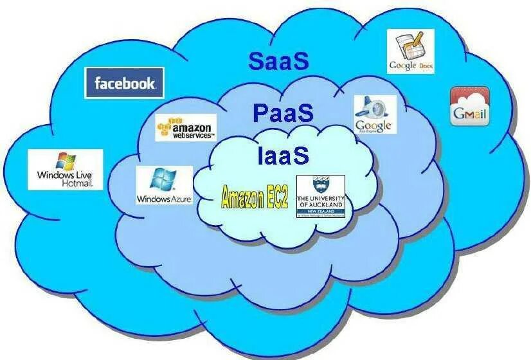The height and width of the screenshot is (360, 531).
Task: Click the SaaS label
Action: [279, 61]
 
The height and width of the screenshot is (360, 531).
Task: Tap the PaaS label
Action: [283, 114]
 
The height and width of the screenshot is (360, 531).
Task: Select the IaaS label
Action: [283, 156]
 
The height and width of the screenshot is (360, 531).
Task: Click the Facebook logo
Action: [125, 83]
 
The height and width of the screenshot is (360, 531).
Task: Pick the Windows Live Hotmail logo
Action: [65, 170]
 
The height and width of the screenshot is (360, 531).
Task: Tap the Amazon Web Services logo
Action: [186, 128]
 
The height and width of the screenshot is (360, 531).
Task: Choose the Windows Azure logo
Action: [164, 186]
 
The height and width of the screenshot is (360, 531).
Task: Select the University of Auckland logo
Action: [320, 197]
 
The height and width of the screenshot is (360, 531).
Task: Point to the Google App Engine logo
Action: [374, 114]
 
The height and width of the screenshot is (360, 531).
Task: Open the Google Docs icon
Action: [410, 51]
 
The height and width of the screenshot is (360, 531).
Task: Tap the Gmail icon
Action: [470, 106]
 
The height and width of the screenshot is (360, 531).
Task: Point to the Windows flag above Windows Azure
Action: [160, 178]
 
